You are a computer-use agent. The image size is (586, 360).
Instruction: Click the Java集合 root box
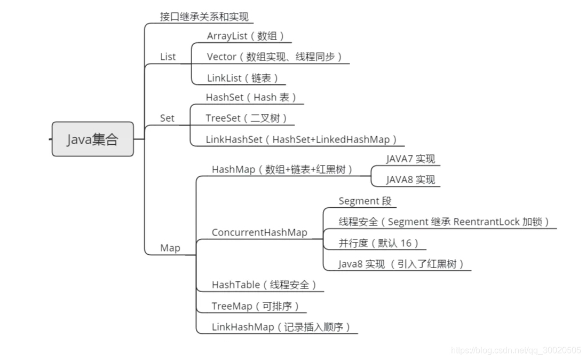pyautogui.click(x=92, y=139)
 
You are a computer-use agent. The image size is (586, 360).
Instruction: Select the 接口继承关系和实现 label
pyautogui.click(x=204, y=17)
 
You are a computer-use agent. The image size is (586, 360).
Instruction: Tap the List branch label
pyautogui.click(x=168, y=57)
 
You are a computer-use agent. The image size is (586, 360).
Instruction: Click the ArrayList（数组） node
pyautogui.click(x=246, y=36)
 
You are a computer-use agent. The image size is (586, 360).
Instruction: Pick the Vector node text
pyautogui.click(x=274, y=57)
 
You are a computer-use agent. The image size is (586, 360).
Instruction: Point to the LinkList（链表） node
pyautogui.click(x=243, y=78)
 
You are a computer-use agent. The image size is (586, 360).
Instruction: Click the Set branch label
pyautogui.click(x=167, y=118)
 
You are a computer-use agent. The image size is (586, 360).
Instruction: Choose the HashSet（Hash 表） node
pyautogui.click(x=251, y=97)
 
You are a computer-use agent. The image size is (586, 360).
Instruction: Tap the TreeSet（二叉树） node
pyautogui.click(x=246, y=118)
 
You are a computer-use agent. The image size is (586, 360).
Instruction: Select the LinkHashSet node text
pyautogui.click(x=302, y=139)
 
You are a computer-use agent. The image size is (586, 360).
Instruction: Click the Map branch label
pyautogui.click(x=170, y=248)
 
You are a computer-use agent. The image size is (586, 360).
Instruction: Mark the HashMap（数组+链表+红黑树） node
pyautogui.click(x=282, y=169)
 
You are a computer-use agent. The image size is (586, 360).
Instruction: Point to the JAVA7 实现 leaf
pyautogui.click(x=410, y=159)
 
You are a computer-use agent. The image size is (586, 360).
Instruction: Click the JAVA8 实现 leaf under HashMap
pyautogui.click(x=410, y=180)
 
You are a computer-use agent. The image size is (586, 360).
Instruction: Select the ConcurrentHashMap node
pyautogui.click(x=259, y=232)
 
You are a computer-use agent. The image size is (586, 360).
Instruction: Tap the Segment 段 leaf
pyautogui.click(x=365, y=201)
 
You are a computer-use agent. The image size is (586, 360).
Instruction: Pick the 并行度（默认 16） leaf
pyautogui.click(x=378, y=243)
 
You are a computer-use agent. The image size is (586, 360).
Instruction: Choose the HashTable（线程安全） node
pyautogui.click(x=264, y=285)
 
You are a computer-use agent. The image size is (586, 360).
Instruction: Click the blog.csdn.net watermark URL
pyautogui.click(x=516, y=350)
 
